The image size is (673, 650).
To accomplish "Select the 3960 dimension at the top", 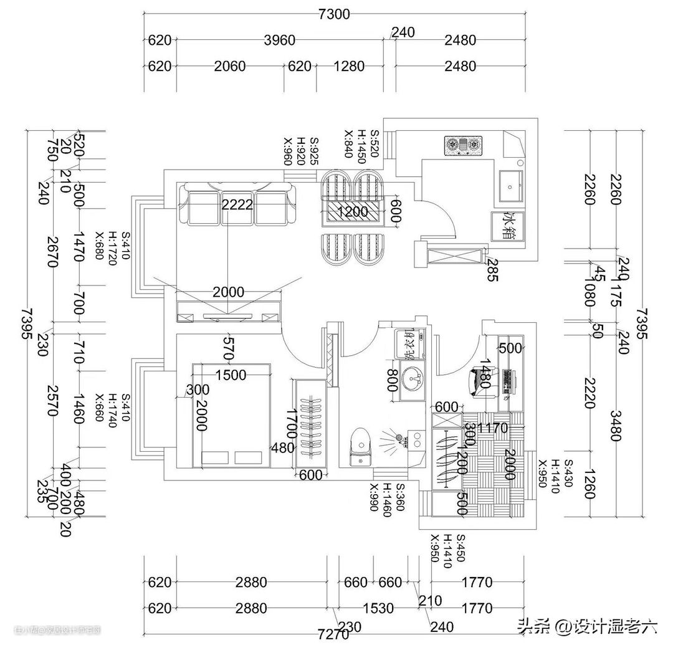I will tap(279, 41).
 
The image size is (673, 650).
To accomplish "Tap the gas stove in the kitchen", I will tap(463, 145).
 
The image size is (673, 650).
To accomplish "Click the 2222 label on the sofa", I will tap(237, 203).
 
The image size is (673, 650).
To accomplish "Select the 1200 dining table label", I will tap(352, 212).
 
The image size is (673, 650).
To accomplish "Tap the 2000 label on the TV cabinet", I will tap(228, 292).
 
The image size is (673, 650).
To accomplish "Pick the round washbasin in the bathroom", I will tap(411, 378).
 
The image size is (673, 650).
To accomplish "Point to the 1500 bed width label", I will tap(230, 375).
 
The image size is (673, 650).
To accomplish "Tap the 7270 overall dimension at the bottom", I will tap(333, 635).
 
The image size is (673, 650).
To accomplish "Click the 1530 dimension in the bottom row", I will tap(378, 608).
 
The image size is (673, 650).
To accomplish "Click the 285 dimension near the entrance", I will tap(492, 269).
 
